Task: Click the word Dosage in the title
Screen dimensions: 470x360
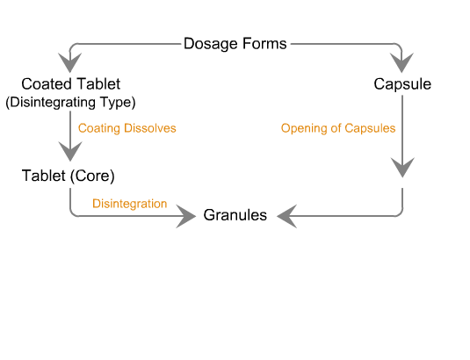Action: tap(211, 44)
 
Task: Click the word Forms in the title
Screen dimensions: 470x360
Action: tap(264, 43)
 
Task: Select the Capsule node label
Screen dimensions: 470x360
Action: tap(402, 84)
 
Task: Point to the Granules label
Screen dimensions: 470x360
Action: tap(235, 215)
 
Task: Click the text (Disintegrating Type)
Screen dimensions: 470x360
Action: tap(71, 102)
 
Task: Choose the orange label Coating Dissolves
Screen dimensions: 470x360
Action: tap(127, 128)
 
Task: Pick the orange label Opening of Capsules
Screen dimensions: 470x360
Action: tap(338, 128)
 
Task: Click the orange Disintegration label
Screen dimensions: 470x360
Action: tap(129, 204)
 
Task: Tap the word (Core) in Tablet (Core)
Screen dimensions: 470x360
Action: tap(92, 176)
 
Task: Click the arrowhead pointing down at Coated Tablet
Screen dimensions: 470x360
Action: tap(69, 62)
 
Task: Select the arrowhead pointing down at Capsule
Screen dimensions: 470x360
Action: tap(402, 62)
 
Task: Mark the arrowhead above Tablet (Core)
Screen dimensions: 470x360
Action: tap(70, 151)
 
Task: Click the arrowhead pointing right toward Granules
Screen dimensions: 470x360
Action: tap(186, 216)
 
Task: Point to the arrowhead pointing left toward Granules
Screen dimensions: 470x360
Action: tap(287, 216)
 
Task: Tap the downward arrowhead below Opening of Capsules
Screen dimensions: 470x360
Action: tap(402, 167)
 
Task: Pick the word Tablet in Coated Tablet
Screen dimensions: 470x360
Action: tap(98, 84)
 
